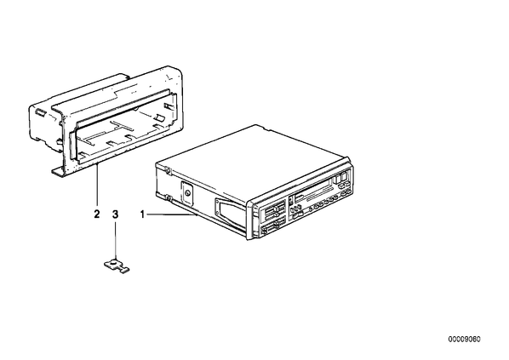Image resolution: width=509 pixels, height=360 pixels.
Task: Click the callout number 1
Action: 142,214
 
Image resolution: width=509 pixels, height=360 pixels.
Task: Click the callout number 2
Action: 97,214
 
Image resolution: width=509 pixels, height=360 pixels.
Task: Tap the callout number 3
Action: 115,214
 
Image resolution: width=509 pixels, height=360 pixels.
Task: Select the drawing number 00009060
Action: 464,340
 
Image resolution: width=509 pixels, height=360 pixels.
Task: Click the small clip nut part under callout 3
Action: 116,265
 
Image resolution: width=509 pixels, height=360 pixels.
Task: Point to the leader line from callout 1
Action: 172,214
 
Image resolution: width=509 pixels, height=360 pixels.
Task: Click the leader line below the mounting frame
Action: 97,186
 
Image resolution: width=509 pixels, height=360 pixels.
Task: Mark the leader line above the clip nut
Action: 115,239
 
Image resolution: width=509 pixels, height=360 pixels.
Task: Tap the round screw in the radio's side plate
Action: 187,194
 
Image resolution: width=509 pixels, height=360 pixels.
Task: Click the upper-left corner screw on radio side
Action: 168,171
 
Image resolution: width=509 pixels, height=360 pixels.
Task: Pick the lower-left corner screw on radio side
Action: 168,197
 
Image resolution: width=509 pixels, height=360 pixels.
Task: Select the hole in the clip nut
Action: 113,263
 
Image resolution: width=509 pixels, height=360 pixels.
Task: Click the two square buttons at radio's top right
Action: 340,178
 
